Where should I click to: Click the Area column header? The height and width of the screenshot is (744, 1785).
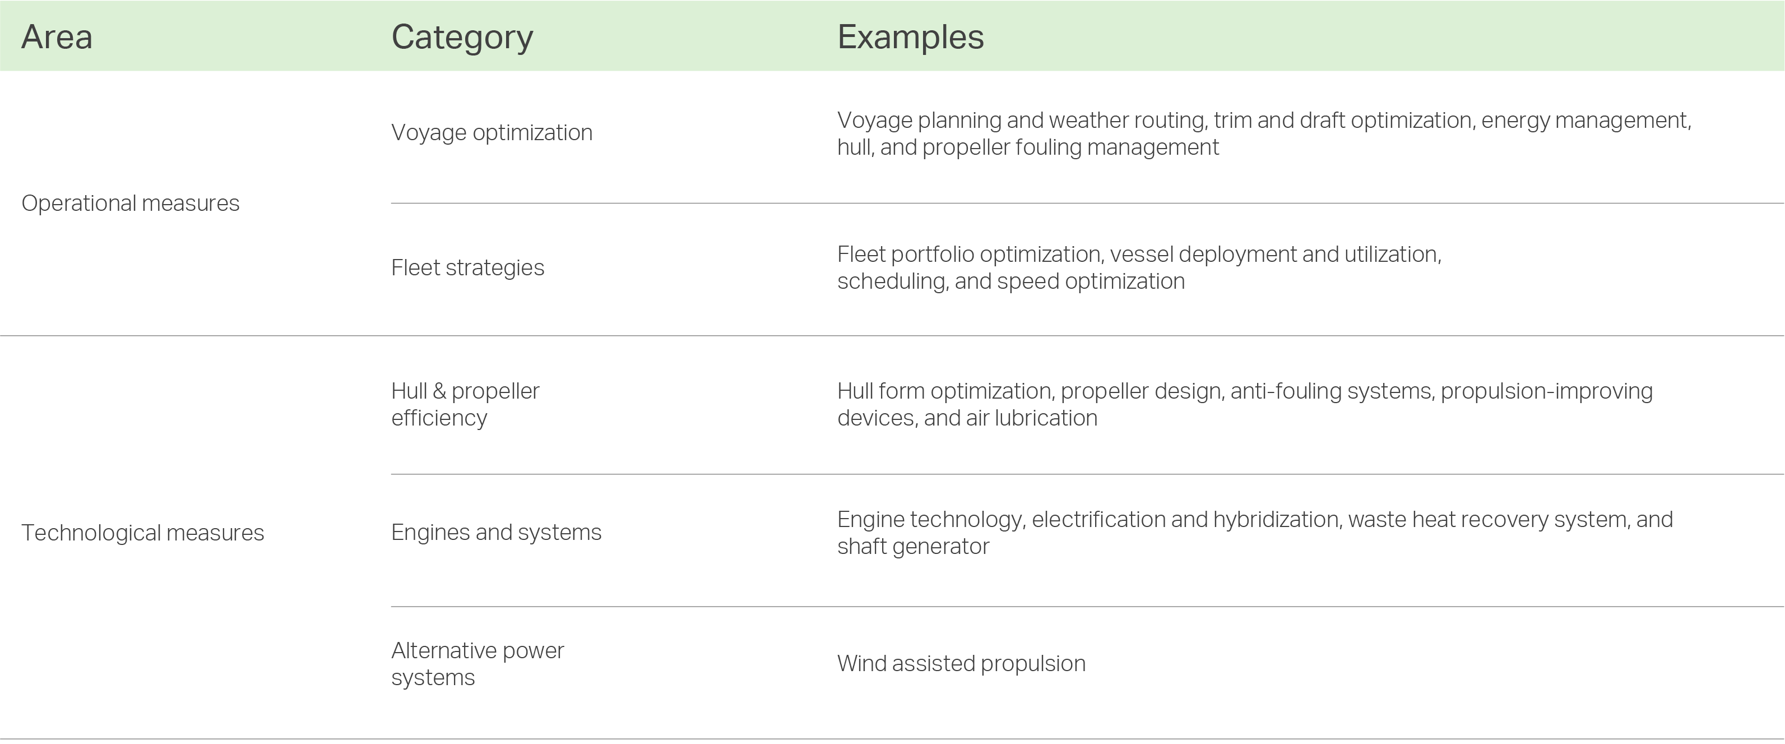pos(57,37)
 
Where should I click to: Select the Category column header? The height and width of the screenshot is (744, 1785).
pos(462,38)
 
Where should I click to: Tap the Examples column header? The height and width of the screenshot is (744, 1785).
pos(911,38)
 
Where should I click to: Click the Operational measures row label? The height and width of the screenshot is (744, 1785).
pos(130,203)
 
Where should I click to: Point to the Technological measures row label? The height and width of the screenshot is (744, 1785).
pos(143,533)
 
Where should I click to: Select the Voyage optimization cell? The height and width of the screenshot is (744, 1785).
pos(492,132)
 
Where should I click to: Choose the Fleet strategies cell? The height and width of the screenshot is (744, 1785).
pos(468,267)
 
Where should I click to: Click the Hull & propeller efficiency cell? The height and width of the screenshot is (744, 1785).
pos(466,404)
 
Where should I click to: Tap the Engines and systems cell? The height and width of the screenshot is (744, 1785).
pos(496,533)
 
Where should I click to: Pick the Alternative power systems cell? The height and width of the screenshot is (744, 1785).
pos(478,664)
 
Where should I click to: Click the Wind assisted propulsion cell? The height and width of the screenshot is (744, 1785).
pos(961,664)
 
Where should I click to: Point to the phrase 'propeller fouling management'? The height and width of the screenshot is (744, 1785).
pos(1070,147)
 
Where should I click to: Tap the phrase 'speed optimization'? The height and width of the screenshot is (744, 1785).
pos(1091,281)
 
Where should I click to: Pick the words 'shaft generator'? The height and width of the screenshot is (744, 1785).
pos(914,547)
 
